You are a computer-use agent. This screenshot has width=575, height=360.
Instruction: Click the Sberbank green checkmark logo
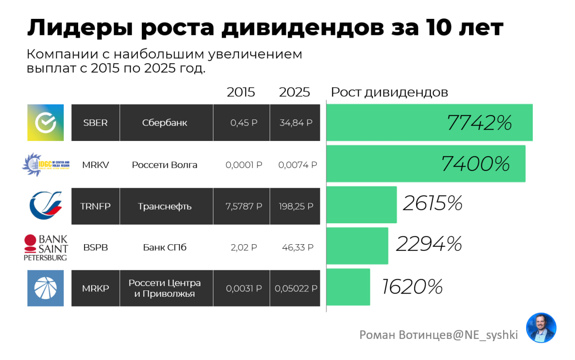pyautogui.click(x=45, y=123)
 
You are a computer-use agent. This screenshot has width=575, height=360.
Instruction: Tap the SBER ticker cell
pyautogui.click(x=95, y=123)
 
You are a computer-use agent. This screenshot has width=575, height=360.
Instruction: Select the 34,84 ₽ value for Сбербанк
pyautogui.click(x=296, y=123)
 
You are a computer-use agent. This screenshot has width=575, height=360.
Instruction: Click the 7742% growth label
pyautogui.click(x=479, y=123)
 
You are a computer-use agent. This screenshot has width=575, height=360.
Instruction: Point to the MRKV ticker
pyautogui.click(x=95, y=165)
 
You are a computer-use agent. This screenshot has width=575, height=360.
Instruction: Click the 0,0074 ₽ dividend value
pyautogui.click(x=297, y=165)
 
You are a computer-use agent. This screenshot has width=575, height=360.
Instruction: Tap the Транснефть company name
pyautogui.click(x=164, y=206)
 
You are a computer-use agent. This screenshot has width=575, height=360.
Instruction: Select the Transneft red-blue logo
pyautogui.click(x=45, y=206)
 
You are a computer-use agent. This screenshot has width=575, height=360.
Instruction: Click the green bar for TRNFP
pyautogui.click(x=361, y=205)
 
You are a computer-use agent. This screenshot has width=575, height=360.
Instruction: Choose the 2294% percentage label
pyautogui.click(x=429, y=245)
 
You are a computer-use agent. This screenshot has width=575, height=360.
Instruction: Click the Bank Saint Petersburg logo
pyautogui.click(x=45, y=247)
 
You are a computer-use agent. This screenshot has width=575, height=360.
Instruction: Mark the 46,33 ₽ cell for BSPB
pyautogui.click(x=297, y=247)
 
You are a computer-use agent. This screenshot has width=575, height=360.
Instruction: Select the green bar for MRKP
pyautogui.click(x=348, y=287)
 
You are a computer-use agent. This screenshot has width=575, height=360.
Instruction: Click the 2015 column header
pyautogui.click(x=240, y=92)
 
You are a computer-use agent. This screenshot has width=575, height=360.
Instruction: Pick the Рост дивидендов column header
pyautogui.click(x=389, y=92)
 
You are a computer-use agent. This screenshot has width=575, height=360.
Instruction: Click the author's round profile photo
pyautogui.click(x=541, y=328)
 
